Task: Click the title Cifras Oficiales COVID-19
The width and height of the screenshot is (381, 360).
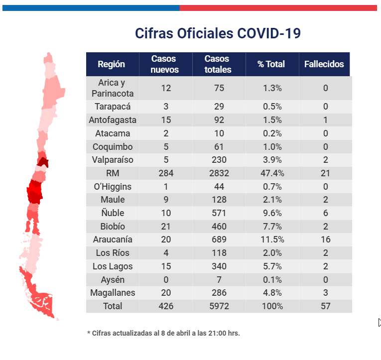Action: (218, 33)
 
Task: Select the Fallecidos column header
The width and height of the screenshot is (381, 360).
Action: (324, 64)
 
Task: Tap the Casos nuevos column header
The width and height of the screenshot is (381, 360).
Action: (165, 64)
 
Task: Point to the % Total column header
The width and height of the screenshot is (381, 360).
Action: (271, 64)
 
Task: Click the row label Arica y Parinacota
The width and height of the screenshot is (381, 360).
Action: (113, 88)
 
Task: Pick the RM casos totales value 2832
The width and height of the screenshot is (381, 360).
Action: (219, 173)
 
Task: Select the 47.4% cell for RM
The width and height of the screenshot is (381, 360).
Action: (272, 173)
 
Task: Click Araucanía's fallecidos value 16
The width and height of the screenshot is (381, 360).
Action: (326, 240)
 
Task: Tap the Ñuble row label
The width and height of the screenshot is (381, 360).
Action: (113, 213)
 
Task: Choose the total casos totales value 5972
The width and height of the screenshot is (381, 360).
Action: (219, 306)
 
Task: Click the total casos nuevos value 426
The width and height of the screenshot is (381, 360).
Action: (166, 306)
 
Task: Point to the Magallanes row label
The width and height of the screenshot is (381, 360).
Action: (113, 293)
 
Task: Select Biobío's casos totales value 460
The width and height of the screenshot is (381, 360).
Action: (219, 227)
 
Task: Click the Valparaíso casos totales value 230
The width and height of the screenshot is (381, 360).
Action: (219, 160)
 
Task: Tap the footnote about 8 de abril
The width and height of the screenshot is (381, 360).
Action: (163, 333)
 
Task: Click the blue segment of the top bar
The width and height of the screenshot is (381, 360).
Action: (91, 8)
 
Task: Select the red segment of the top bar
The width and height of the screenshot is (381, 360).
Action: (278, 8)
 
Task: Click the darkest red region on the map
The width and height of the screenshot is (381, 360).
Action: (43, 162)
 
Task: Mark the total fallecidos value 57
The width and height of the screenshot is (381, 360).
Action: (326, 306)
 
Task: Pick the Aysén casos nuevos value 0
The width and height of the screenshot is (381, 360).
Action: (166, 280)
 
